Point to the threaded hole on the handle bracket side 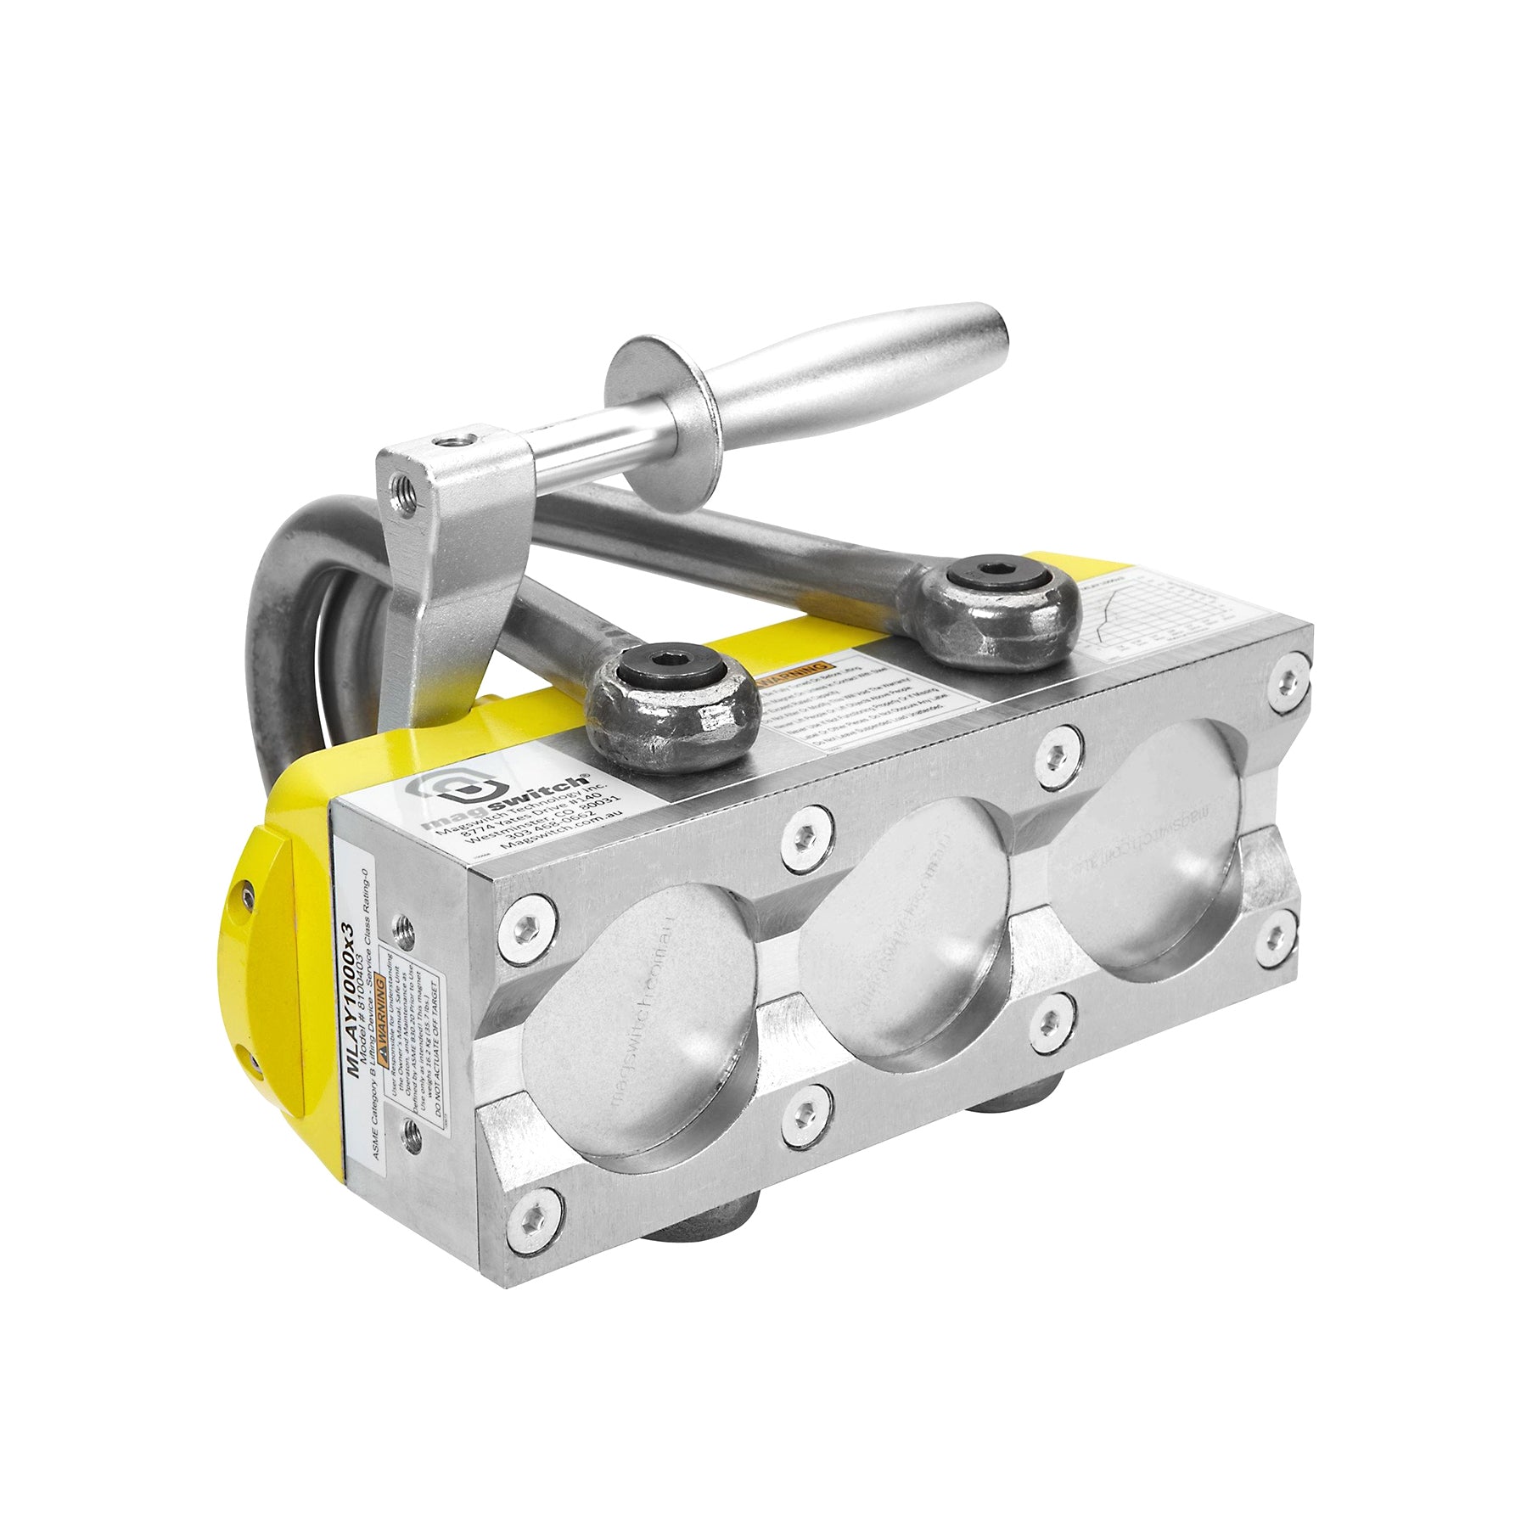400,490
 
